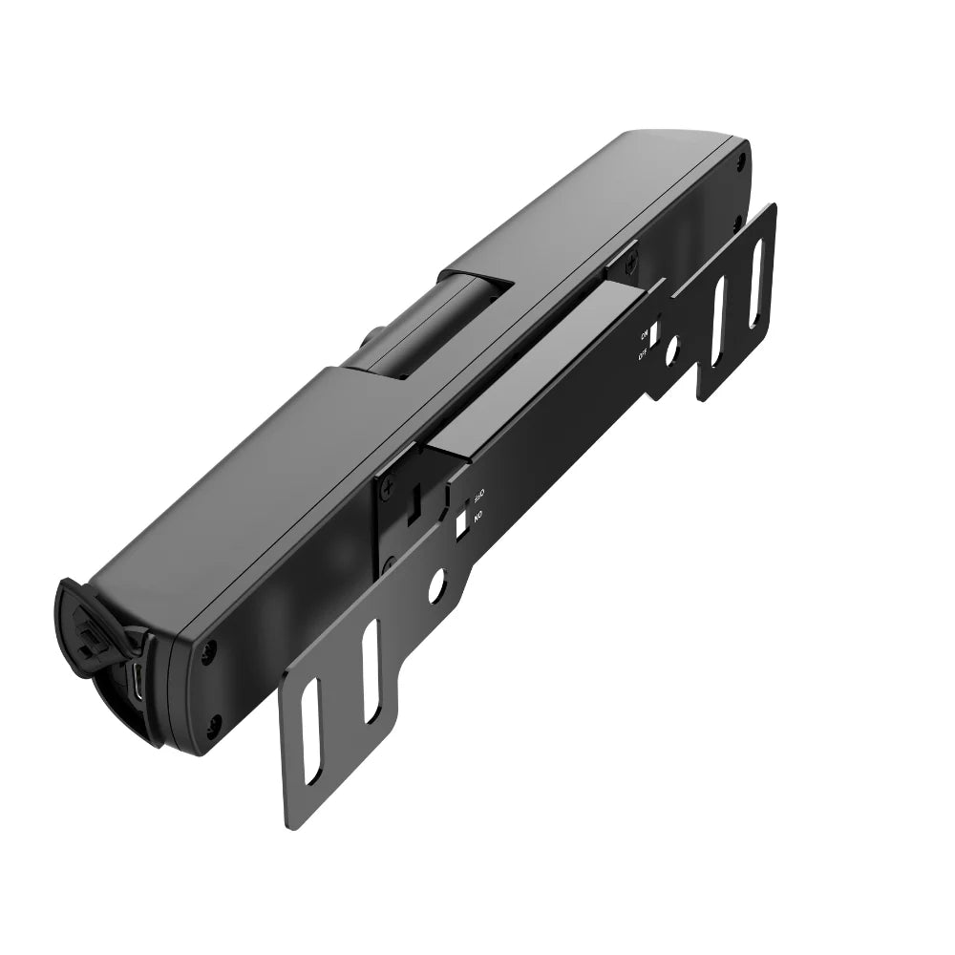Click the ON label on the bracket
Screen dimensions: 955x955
(644, 334)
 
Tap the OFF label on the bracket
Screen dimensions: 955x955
(643, 354)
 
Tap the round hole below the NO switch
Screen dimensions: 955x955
(436, 585)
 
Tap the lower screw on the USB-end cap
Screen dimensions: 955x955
(215, 723)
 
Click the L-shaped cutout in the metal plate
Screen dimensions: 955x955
(415, 501)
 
